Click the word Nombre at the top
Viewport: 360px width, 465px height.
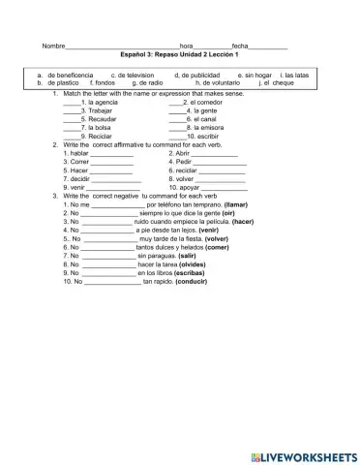coord(53,46)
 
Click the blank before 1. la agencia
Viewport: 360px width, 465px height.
coord(71,101)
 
